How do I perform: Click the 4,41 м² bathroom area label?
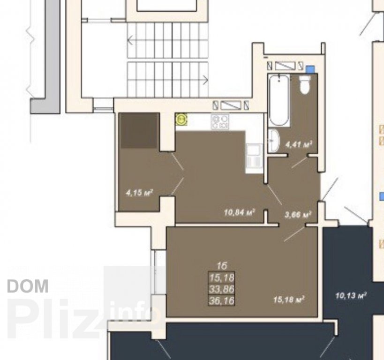pyautogui.click(x=299, y=144)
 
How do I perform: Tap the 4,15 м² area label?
pyautogui.click(x=139, y=193)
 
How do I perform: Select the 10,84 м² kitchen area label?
pyautogui.click(x=240, y=212)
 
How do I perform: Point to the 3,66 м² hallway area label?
pyautogui.click(x=298, y=215)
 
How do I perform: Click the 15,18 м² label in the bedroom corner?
pyautogui.click(x=289, y=300)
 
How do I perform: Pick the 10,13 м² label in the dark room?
pyautogui.click(x=351, y=296)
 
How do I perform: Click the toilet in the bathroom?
pyautogui.click(x=305, y=84)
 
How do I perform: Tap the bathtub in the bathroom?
pyautogui.click(x=279, y=100)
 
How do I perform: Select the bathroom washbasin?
pyautogui.click(x=274, y=141)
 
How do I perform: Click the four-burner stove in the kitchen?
pyautogui.click(x=220, y=122)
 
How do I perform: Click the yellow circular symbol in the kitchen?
pyautogui.click(x=181, y=120)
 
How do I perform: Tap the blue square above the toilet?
pyautogui.click(x=310, y=69)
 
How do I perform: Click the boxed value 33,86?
pyautogui.click(x=222, y=289)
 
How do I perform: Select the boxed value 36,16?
pyautogui.click(x=222, y=300)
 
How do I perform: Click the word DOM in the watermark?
pyautogui.click(x=28, y=286)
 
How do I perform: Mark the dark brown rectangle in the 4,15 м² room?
pyautogui.click(x=139, y=130)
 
